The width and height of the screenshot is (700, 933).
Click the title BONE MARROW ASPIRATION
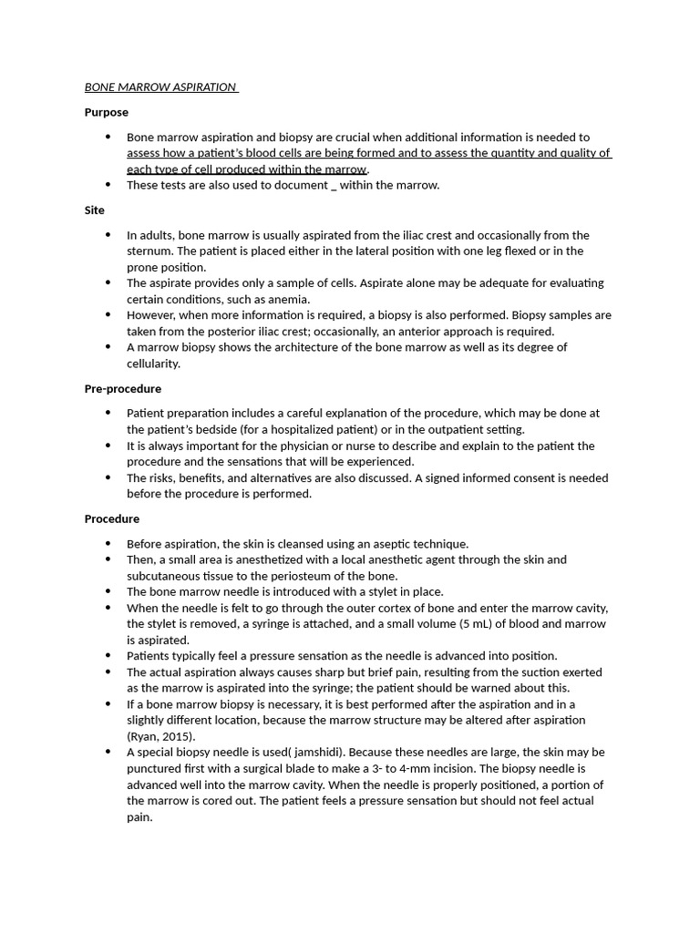[160, 87]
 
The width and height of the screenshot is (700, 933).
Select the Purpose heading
[107, 112]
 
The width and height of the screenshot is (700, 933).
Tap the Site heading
[95, 210]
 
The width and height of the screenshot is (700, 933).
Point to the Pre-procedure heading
[123, 388]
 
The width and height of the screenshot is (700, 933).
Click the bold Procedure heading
[112, 518]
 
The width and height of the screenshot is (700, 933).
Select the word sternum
[149, 251]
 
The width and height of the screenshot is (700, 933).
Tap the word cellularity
[152, 364]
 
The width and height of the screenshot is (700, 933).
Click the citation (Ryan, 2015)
[161, 736]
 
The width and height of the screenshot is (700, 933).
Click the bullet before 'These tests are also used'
[108, 185]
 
